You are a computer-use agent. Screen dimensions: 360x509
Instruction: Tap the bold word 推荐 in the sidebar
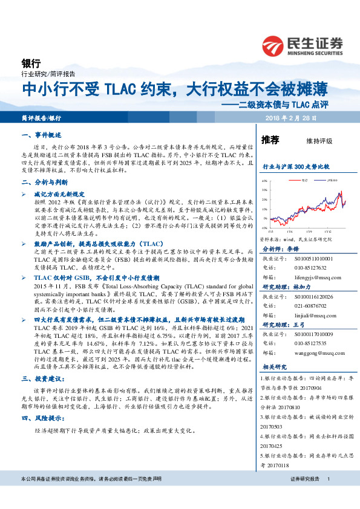[270, 140]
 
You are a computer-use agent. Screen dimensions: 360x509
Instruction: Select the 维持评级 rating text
[320, 141]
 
